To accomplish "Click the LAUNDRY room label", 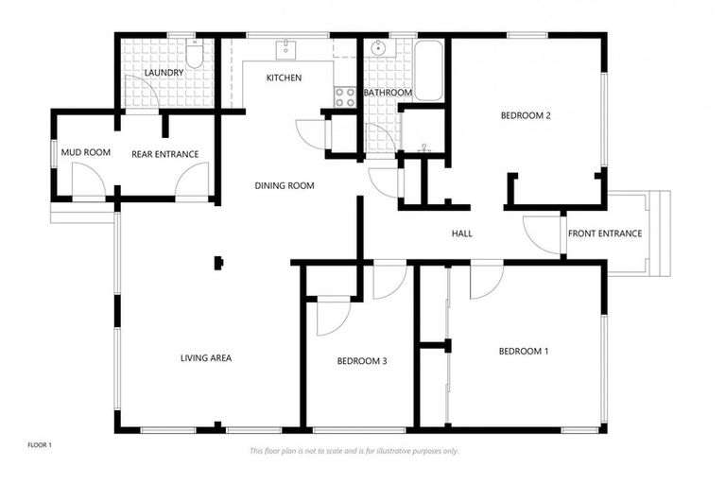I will pyautogui.click(x=164, y=73).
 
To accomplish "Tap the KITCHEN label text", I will pyautogui.click(x=284, y=78).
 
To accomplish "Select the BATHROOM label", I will pyautogui.click(x=388, y=93).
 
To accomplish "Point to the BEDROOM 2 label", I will pyautogui.click(x=526, y=115).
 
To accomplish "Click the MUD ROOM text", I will pyautogui.click(x=86, y=152).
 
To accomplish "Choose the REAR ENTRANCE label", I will pyautogui.click(x=164, y=153).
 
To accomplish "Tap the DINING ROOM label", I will pyautogui.click(x=285, y=185).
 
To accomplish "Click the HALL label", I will pyautogui.click(x=462, y=233).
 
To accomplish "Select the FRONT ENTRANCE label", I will pyautogui.click(x=605, y=233).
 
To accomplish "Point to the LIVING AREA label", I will pyautogui.click(x=206, y=358).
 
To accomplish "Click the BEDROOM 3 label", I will pyautogui.click(x=362, y=361).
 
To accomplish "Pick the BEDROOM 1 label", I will pyautogui.click(x=524, y=352).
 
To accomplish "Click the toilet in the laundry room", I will pyautogui.click(x=194, y=56).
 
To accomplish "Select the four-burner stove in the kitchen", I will pyautogui.click(x=345, y=95).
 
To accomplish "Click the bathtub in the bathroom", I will pyautogui.click(x=428, y=71).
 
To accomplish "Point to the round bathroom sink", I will pyautogui.click(x=378, y=48).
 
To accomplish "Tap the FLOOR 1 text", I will pyautogui.click(x=39, y=443).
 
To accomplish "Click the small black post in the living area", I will pyautogui.click(x=219, y=263).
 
